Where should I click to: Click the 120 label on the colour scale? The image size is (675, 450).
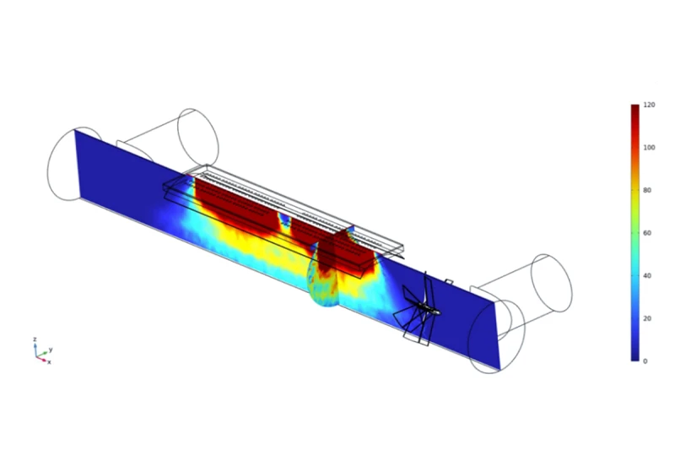point(649,105)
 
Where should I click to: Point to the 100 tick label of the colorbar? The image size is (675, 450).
point(649,147)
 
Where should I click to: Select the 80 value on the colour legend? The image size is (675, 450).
point(647,190)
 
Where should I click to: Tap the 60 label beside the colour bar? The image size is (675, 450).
point(647,233)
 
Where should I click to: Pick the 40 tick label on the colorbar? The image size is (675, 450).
point(647,275)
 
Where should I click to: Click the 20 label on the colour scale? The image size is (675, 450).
point(647,318)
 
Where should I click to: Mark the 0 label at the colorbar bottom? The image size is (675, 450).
point(645,361)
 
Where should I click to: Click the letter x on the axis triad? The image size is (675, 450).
point(49,362)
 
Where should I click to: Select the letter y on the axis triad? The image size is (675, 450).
point(51,350)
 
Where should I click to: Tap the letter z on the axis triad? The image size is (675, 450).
point(35,339)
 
